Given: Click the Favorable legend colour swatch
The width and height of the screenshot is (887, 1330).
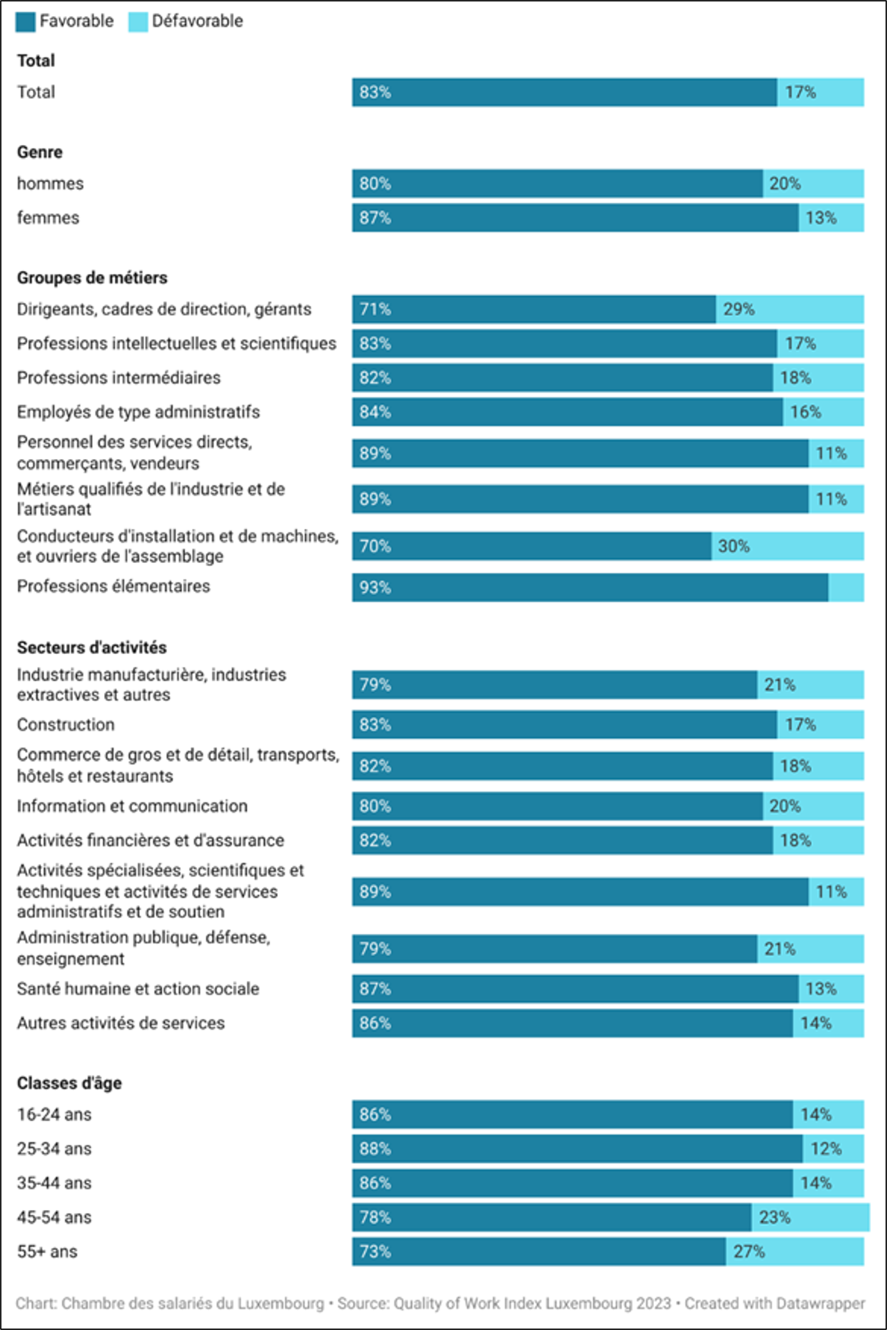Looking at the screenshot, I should click(x=26, y=22).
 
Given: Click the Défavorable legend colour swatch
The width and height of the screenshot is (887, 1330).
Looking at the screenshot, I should click(x=138, y=22).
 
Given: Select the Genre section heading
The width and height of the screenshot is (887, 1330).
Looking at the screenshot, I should click(x=40, y=152).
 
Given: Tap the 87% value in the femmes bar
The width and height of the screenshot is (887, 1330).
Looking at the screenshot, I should click(x=375, y=218).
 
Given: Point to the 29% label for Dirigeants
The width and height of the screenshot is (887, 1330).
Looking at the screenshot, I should click(x=739, y=309).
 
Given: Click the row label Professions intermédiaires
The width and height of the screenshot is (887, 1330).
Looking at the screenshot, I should click(x=119, y=378).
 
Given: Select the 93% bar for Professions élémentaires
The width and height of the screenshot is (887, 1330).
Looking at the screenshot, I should click(x=590, y=588).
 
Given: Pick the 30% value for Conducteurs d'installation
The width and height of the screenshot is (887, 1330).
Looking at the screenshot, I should click(x=734, y=546).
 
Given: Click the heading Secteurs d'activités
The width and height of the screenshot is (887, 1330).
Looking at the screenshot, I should click(x=92, y=648).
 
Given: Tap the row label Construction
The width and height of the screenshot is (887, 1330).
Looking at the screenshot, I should click(x=65, y=725).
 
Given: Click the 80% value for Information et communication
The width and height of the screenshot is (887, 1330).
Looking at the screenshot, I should click(x=375, y=806).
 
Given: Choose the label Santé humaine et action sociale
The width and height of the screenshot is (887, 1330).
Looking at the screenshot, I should click(x=138, y=989).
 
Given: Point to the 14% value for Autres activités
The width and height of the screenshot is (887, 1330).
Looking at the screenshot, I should click(x=816, y=1023).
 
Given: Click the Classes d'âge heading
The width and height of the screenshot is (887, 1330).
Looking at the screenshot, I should click(x=69, y=1084).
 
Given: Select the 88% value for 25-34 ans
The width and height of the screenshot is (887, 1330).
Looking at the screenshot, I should click(x=375, y=1149).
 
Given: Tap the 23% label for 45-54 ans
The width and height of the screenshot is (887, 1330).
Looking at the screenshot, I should click(x=775, y=1218).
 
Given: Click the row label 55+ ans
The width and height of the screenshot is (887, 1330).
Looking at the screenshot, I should click(x=47, y=1252).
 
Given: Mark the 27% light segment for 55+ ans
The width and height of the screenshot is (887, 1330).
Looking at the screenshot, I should click(x=795, y=1252).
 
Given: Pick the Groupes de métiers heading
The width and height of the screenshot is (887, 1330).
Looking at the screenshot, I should click(x=92, y=278).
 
